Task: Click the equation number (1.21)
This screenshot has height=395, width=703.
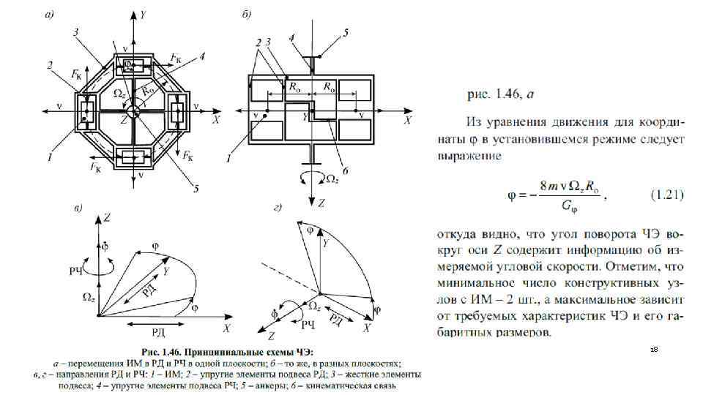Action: coord(667,195)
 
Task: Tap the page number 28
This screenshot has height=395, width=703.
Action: coord(654,352)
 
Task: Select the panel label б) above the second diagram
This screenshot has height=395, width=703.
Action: coord(247,14)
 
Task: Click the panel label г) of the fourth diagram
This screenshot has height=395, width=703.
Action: coord(278,209)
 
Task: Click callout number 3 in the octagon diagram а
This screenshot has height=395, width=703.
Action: coord(76,32)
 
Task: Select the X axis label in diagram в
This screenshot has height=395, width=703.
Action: coord(228,327)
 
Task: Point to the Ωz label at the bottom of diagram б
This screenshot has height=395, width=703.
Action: coord(331,178)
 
